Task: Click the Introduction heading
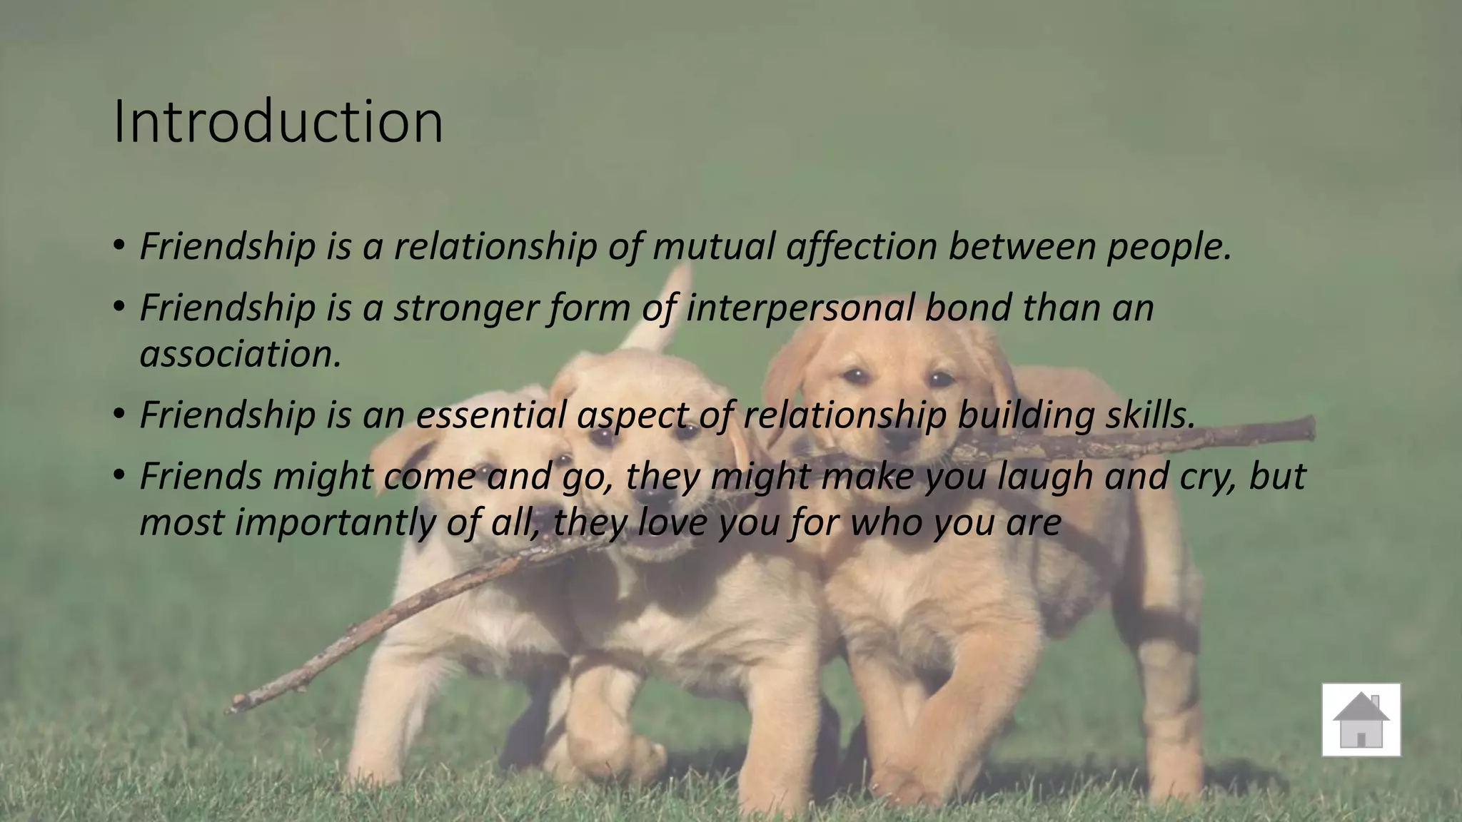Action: (x=278, y=123)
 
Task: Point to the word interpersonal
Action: (x=800, y=308)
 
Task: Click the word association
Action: (x=240, y=354)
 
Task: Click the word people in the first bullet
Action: (x=1168, y=247)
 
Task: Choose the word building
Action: (x=1024, y=415)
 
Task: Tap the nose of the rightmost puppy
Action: (x=901, y=434)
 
